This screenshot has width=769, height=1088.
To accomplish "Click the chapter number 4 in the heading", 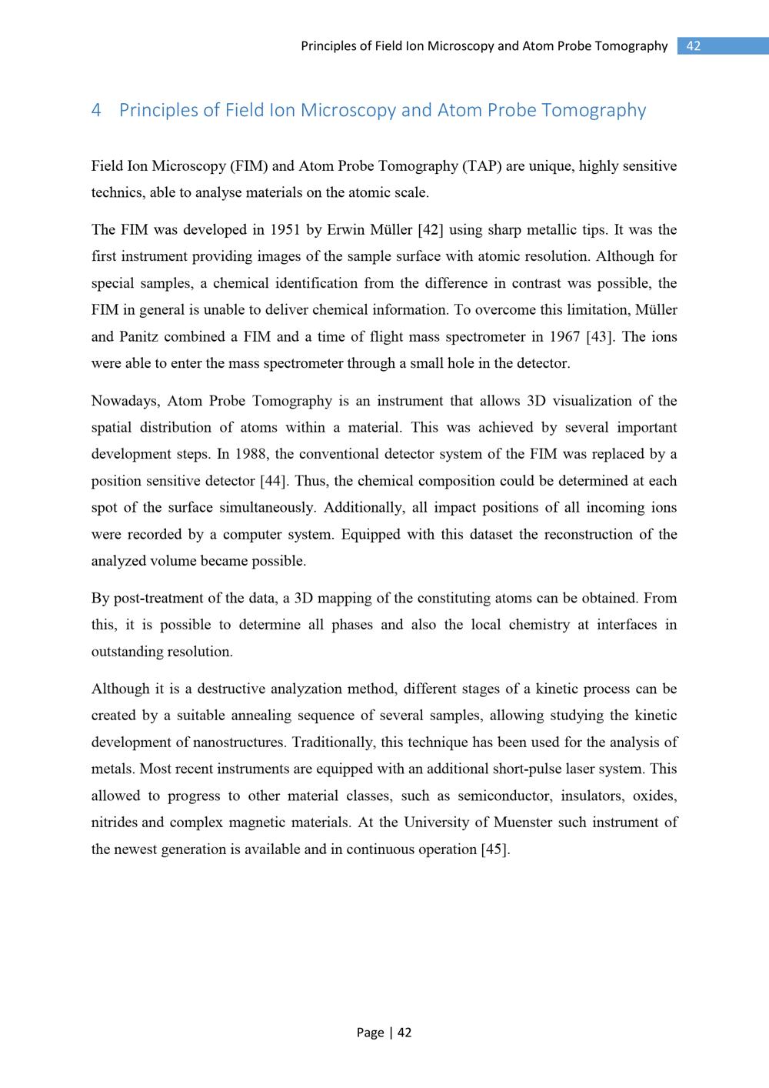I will click(x=96, y=110).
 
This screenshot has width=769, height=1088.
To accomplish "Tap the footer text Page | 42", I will click(x=384, y=1033).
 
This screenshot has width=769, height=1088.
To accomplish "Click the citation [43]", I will click(x=599, y=337).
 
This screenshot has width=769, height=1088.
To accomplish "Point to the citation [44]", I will click(x=274, y=481).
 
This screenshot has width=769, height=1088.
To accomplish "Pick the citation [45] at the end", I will click(x=494, y=849).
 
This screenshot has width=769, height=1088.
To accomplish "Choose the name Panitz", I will click(x=138, y=337).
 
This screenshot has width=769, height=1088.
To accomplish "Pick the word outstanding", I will click(x=126, y=652).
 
